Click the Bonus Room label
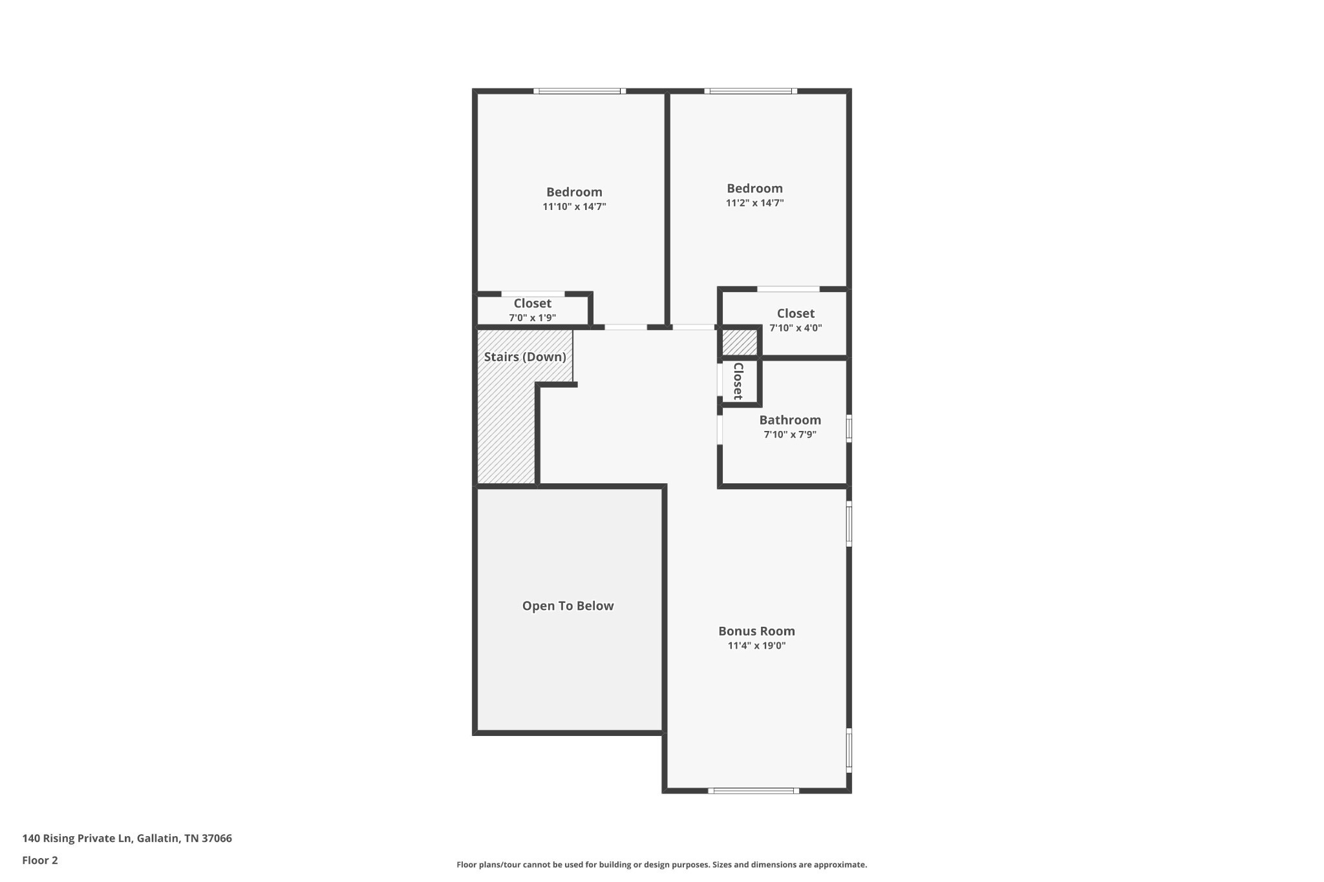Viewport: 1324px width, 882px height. coord(756,631)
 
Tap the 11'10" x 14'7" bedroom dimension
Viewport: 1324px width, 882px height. coord(574,207)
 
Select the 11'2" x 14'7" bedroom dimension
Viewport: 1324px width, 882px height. coord(754,203)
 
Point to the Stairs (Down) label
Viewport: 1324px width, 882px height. coord(525,357)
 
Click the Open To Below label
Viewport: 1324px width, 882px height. coord(568,606)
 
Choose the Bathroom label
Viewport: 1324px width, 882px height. coord(790,420)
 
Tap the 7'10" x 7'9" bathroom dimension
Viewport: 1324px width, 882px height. coord(790,435)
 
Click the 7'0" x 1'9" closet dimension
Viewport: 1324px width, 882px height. coord(532,318)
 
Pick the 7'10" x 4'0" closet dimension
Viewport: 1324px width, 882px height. coord(795,328)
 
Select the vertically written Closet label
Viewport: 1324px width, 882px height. coord(738,381)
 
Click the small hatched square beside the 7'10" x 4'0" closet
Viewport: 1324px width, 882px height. coord(739,342)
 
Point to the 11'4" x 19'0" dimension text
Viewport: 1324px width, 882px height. coord(756,646)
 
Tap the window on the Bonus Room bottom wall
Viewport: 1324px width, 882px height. coord(753,790)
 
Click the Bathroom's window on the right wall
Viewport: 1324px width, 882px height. coord(849,428)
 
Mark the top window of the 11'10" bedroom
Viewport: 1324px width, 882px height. coord(579,91)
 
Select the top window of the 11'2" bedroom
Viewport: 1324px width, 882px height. coord(750,91)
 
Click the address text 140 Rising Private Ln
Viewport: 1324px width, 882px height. coord(127,839)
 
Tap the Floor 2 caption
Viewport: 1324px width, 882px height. coord(40,860)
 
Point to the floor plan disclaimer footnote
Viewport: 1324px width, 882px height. coord(661,865)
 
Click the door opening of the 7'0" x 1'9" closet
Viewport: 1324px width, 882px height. coord(533,294)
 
